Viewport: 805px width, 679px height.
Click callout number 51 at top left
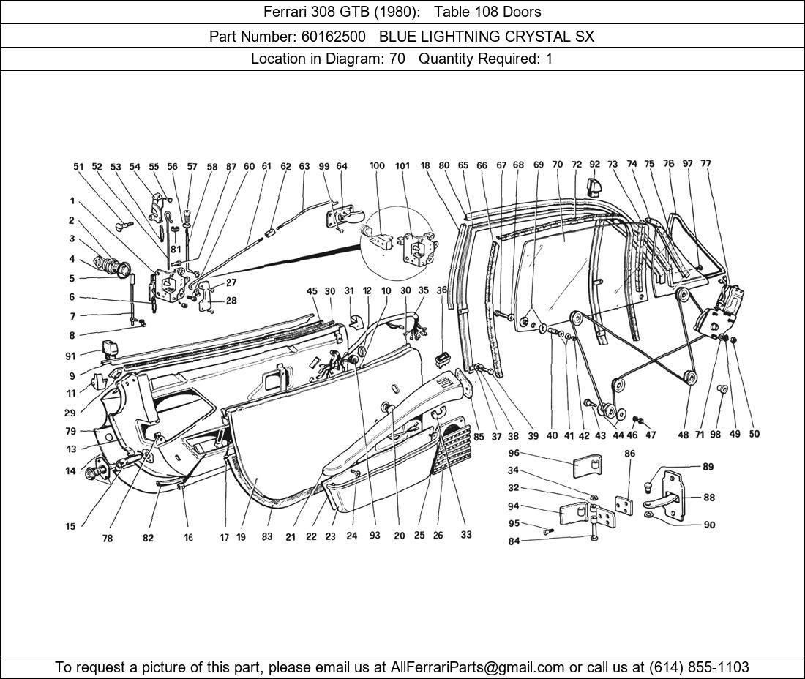(78, 167)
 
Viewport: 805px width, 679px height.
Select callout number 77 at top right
(705, 164)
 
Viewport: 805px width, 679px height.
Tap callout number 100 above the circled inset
(377, 166)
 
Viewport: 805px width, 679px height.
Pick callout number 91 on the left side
(71, 357)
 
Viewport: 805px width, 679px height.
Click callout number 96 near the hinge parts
(514, 453)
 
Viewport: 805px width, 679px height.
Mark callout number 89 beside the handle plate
(708, 467)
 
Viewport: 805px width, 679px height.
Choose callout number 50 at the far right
(754, 434)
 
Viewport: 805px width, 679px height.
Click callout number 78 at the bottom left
(108, 539)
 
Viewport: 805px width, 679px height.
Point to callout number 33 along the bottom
(466, 535)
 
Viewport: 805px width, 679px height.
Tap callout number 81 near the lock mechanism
(176, 249)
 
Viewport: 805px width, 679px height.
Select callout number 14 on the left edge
(70, 471)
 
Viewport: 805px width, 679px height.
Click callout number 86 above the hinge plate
(629, 454)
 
